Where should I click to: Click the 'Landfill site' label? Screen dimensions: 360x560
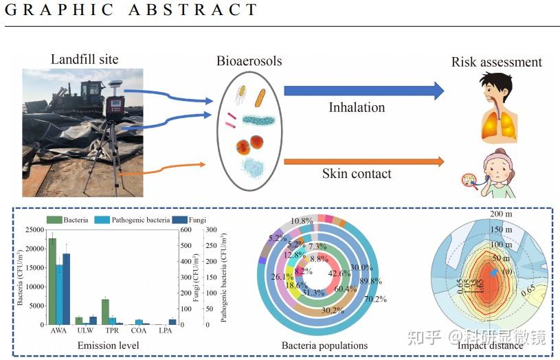84,59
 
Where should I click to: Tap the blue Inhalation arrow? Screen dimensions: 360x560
363,91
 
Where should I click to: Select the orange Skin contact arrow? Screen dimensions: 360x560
363,161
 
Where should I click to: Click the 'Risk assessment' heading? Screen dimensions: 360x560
496,63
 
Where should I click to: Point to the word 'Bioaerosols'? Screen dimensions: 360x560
249,61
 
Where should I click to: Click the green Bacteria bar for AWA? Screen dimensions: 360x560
52,281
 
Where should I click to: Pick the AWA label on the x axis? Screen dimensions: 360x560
60,330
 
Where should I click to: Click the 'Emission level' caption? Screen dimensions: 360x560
108,345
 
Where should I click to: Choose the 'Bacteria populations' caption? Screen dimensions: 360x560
324,346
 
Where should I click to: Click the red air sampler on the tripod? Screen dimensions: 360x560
115,106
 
